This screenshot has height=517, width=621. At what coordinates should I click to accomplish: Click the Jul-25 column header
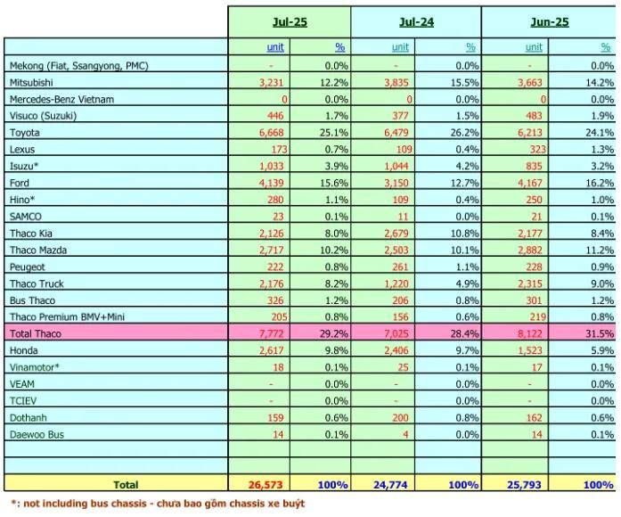290,21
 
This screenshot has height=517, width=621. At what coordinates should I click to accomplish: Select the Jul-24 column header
416,21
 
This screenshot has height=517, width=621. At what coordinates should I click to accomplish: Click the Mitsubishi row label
33,81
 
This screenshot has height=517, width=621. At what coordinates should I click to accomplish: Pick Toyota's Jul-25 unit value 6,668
271,132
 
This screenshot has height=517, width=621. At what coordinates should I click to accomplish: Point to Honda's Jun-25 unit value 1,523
525,350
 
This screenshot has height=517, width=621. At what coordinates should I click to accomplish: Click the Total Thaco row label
36,333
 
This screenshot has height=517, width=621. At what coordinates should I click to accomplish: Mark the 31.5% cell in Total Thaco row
598,333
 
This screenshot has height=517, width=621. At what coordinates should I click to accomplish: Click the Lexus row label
24,149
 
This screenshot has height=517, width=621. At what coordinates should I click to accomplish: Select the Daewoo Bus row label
37,434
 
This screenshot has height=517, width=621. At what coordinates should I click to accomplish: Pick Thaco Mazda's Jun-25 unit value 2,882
525,250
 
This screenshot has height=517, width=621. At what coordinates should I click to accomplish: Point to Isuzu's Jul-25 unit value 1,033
271,166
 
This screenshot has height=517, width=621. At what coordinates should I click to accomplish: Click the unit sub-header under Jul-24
400,47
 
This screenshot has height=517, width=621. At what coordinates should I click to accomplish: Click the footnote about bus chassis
157,504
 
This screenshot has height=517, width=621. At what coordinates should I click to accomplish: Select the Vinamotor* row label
34,367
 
